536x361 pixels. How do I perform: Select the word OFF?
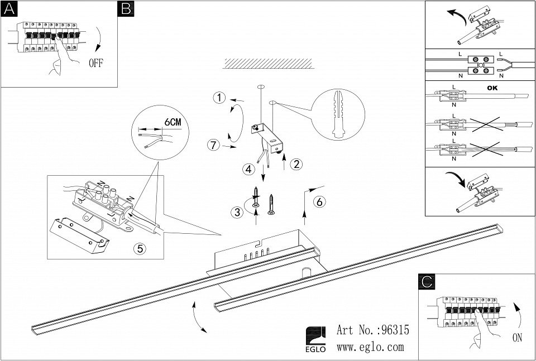(95, 62)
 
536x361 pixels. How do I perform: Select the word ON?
(518, 337)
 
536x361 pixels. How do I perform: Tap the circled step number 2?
(297, 165)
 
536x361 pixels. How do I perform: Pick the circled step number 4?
(249, 169)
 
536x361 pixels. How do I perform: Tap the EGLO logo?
(315, 339)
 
